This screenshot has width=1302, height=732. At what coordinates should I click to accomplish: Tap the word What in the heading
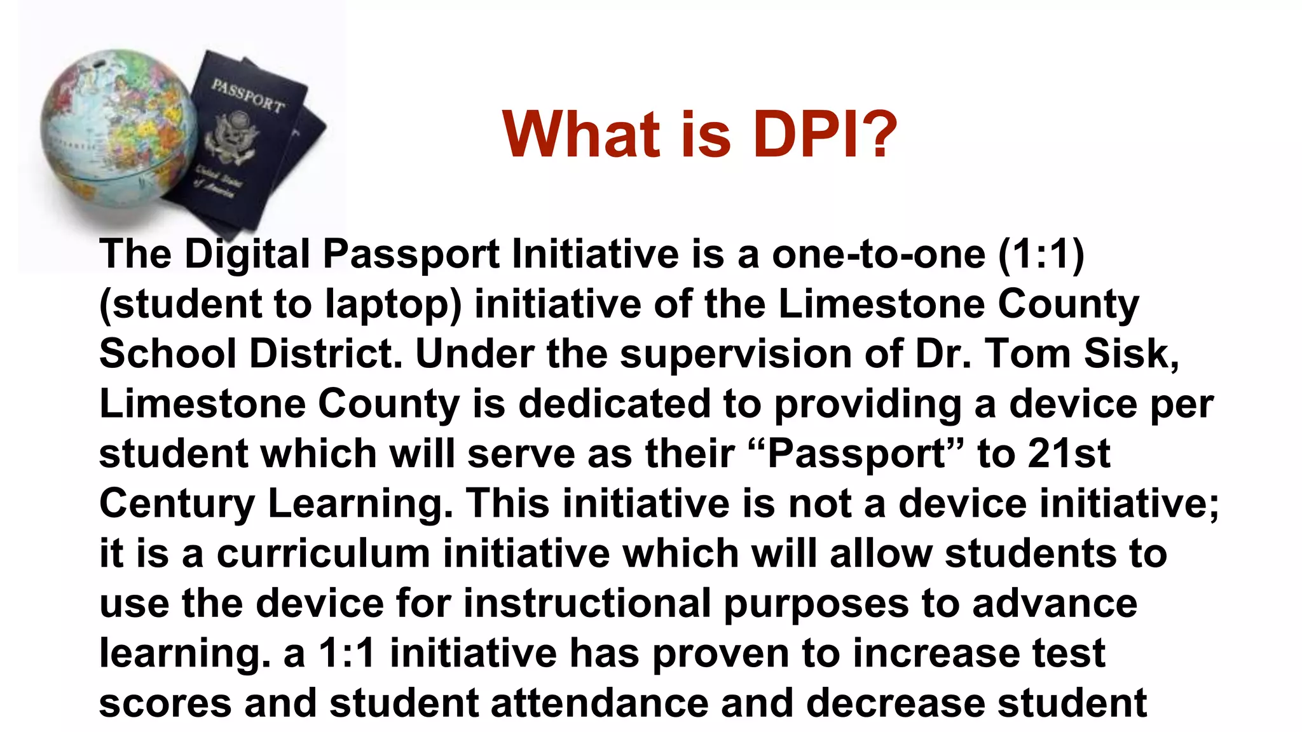pyautogui.click(x=581, y=134)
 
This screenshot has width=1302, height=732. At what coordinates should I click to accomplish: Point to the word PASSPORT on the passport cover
pyautogui.click(x=249, y=96)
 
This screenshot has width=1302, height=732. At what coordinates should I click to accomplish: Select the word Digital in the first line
pyautogui.click(x=247, y=254)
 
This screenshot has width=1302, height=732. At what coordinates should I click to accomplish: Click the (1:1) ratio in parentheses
pyautogui.click(x=1041, y=254)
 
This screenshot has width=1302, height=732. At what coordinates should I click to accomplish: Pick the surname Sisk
pyautogui.click(x=1131, y=353)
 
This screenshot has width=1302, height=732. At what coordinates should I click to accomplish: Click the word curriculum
pyautogui.click(x=324, y=553)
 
